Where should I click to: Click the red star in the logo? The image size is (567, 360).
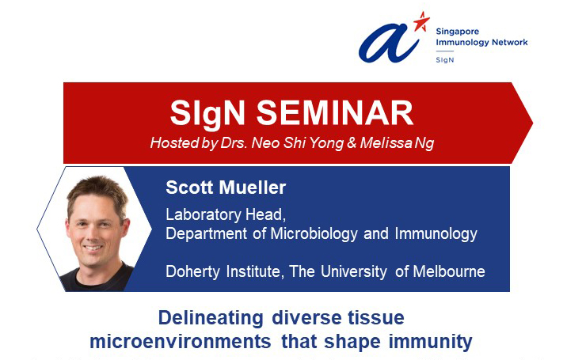tap(421, 21)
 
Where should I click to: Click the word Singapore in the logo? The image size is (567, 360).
tap(458, 32)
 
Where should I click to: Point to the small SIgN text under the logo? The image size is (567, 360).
tap(445, 60)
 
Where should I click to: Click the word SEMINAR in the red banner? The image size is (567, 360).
tap(335, 113)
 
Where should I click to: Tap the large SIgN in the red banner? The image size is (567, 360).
tap(207, 114)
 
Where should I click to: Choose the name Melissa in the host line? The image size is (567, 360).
tap(386, 142)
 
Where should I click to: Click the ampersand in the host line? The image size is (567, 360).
tap(352, 143)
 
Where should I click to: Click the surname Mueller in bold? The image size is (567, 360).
tap(253, 188)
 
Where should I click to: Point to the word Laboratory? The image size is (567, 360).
tap(204, 214)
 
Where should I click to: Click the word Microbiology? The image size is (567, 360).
tap(314, 234)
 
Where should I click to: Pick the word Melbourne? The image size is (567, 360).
tap(449, 271)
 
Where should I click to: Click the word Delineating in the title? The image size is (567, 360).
tap(211, 318)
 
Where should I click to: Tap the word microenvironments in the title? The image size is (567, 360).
tap(180, 342)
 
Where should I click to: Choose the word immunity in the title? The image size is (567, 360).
tap(430, 342)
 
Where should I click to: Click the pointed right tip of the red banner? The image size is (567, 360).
tap(533, 123)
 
